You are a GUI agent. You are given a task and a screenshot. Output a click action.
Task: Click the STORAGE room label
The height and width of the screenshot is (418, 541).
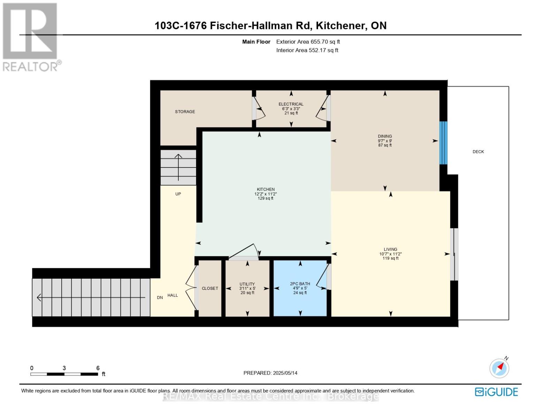pos(185,111)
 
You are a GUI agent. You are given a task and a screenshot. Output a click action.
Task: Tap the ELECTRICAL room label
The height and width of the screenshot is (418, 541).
pos(291,104)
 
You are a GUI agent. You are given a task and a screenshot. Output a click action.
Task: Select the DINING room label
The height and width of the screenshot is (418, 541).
pos(385,136)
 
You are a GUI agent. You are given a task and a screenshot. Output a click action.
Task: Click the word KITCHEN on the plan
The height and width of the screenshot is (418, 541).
pos(266,189)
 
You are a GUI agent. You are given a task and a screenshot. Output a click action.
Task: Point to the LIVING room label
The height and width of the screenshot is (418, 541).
pos(390,249)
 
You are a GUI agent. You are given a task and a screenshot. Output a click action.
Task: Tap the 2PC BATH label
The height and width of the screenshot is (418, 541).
pos(300,284)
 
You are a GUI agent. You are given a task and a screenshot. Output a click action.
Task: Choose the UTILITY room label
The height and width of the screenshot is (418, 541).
pos(247,284)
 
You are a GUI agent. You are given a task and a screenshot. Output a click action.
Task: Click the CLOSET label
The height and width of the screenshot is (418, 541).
pos(210,288)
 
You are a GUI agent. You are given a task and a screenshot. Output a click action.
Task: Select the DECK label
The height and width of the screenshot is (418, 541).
pos(478,152)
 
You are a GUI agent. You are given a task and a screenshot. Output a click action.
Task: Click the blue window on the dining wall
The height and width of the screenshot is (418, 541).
pos(443,143)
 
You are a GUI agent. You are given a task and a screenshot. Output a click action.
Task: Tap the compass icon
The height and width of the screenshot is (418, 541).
pos(500,368)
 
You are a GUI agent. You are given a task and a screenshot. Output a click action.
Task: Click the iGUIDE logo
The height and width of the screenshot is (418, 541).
pos(496,392)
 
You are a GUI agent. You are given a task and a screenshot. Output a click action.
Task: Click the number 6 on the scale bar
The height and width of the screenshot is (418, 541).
pos(98,368)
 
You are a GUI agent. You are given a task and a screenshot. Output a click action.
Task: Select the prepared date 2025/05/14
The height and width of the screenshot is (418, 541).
pos(285,373)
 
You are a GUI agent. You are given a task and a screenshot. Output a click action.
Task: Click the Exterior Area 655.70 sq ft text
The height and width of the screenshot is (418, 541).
pos(308,42)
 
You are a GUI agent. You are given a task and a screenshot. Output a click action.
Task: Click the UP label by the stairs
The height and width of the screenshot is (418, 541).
pos(178,194)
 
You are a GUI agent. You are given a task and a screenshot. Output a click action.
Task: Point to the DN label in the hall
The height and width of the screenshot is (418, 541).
pos(160,297)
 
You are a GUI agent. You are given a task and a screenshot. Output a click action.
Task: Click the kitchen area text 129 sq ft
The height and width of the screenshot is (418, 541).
pos(265,199)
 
